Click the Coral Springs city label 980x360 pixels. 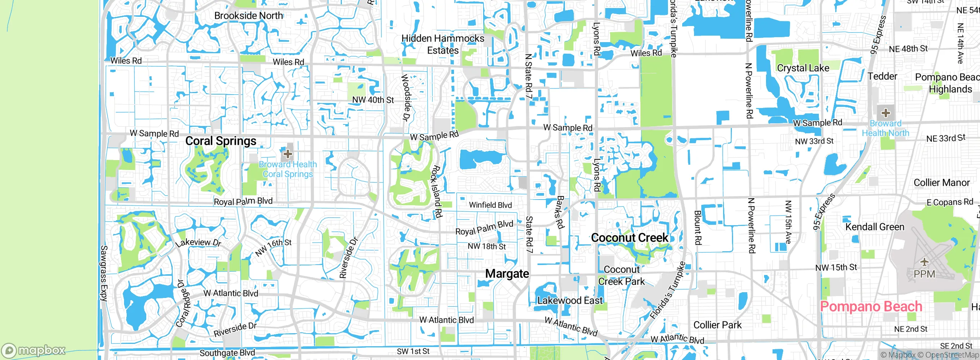(221, 141)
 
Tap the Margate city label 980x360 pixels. (507, 274)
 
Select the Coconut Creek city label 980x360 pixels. (630, 238)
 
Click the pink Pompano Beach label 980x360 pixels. (871, 307)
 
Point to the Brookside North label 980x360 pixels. (249, 16)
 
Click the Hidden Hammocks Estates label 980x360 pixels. (443, 44)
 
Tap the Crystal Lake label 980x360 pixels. (803, 68)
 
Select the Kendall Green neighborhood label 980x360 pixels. (875, 227)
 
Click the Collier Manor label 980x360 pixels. (942, 183)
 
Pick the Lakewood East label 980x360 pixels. (570, 301)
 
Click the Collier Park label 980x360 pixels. (717, 325)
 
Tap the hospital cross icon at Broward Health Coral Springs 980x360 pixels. (288, 154)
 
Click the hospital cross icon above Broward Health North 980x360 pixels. (885, 113)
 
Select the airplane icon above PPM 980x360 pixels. (924, 262)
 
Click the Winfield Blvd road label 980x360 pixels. (490, 205)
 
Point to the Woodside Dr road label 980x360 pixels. (406, 98)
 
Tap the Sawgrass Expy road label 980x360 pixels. (104, 273)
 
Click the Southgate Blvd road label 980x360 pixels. (227, 353)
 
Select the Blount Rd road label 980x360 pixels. (698, 227)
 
